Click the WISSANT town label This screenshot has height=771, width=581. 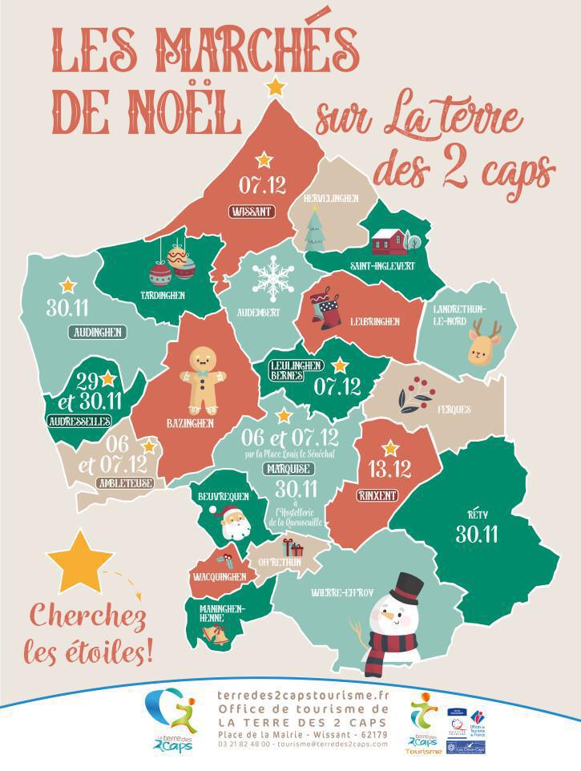click(252, 212)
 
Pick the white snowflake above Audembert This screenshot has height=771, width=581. click(272, 277)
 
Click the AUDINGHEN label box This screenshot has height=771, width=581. click(96, 332)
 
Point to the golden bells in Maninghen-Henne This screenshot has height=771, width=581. click(215, 635)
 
